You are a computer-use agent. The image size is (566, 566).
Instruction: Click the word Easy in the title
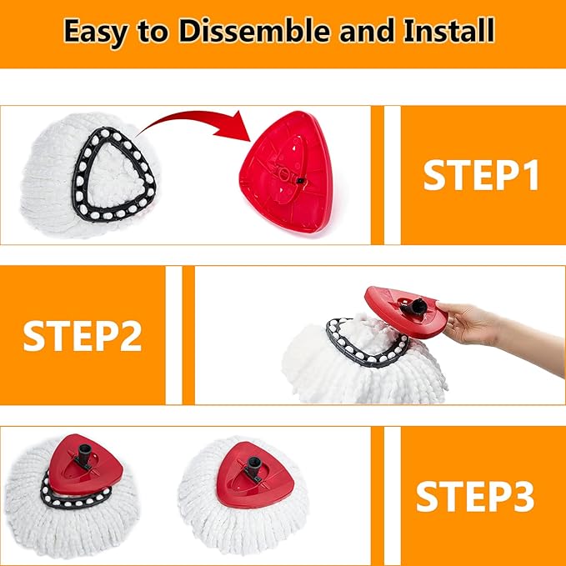[99, 32]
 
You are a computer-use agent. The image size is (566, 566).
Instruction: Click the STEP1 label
[481, 175]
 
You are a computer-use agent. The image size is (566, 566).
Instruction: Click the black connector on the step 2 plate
[414, 308]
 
